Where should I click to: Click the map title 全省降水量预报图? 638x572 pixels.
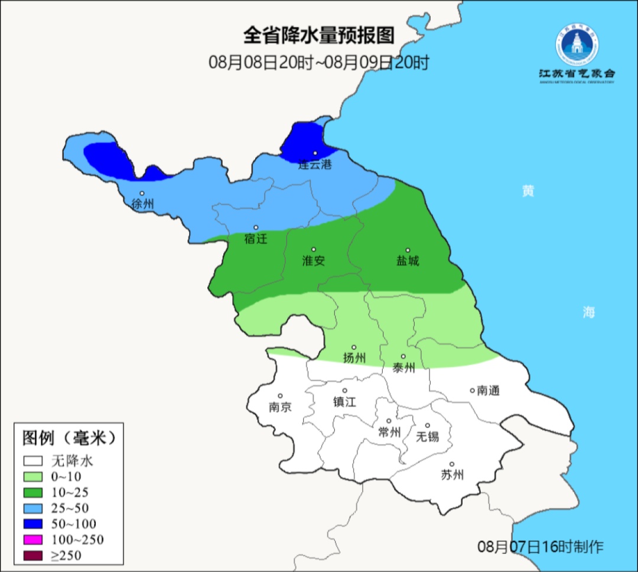click(x=318, y=35)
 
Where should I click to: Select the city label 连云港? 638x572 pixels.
click(x=314, y=165)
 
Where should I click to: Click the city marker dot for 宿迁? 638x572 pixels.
click(x=256, y=227)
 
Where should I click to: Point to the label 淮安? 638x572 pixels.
click(x=314, y=260)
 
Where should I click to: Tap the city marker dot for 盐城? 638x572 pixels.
click(x=408, y=250)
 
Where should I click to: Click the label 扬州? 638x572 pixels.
click(x=354, y=358)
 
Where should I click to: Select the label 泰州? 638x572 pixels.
click(x=403, y=368)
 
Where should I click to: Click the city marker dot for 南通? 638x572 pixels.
click(x=472, y=390)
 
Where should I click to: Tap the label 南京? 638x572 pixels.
click(x=279, y=407)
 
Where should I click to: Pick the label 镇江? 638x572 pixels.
click(x=345, y=401)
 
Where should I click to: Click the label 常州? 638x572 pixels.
click(x=389, y=432)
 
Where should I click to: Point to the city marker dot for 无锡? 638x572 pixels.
click(x=428, y=426)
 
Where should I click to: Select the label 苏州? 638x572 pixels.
click(x=452, y=475)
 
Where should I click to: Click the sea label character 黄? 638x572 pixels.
click(x=528, y=191)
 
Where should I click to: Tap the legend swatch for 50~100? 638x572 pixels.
click(x=34, y=524)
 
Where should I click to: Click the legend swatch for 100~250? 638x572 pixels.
click(x=34, y=540)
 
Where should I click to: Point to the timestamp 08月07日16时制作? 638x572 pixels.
click(x=541, y=547)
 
